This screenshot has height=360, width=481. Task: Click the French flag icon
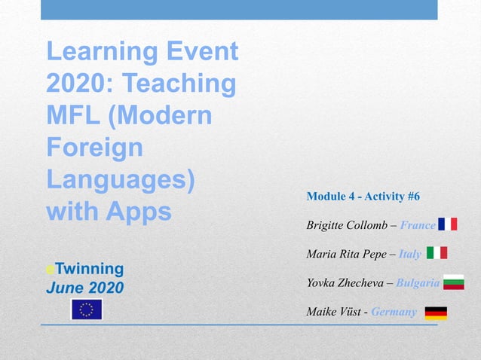pyautogui.click(x=447, y=224)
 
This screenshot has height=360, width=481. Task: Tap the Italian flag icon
pyautogui.click(x=437, y=253)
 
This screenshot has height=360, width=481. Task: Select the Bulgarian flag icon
pyautogui.click(x=453, y=282)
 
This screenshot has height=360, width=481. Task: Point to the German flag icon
pyautogui.click(x=436, y=312)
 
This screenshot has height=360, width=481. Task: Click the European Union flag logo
pyautogui.click(x=86, y=310)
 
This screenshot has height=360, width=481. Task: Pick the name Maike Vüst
pyautogui.click(x=332, y=312)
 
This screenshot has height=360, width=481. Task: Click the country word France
pyautogui.click(x=418, y=225)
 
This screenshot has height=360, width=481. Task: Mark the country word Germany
pyautogui.click(x=394, y=312)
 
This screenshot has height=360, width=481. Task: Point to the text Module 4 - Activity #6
pyautogui.click(x=363, y=197)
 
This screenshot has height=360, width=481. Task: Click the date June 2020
pyautogui.click(x=85, y=287)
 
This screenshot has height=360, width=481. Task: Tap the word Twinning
pyautogui.click(x=88, y=268)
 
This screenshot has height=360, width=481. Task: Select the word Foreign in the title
pyautogui.click(x=94, y=147)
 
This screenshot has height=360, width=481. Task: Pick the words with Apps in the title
pyautogui.click(x=109, y=212)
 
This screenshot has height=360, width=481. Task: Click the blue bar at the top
pyautogui.click(x=239, y=10)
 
